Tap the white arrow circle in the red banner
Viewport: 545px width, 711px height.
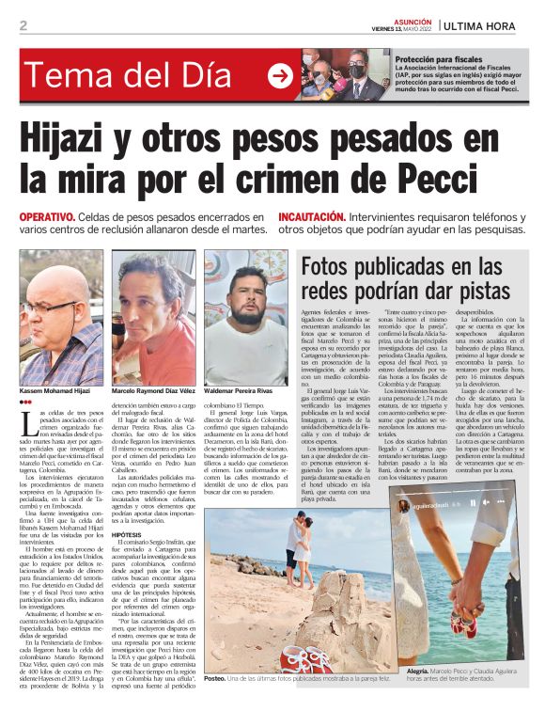279,76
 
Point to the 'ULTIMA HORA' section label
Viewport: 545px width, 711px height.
489,25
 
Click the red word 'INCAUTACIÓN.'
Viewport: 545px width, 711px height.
319,215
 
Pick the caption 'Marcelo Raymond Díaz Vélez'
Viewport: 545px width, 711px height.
156,390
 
